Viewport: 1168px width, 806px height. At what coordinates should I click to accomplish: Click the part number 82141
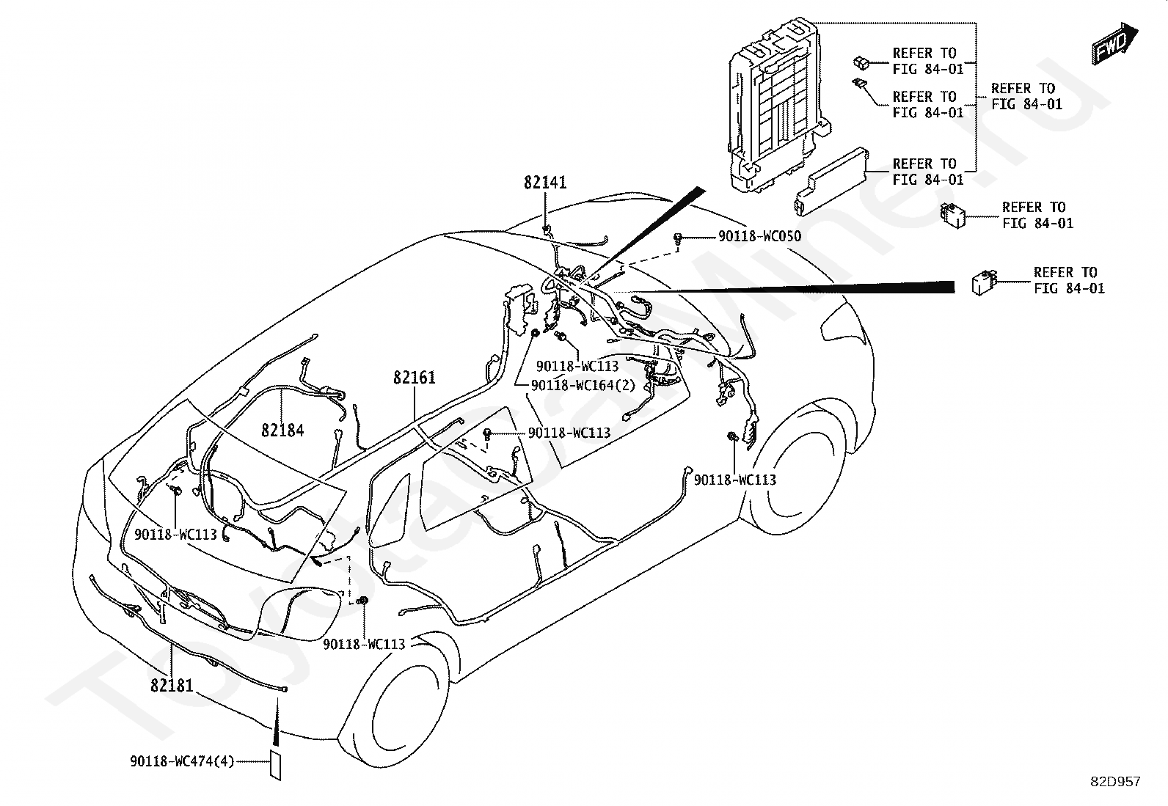coord(545,183)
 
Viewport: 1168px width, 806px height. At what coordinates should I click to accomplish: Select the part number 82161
coord(415,378)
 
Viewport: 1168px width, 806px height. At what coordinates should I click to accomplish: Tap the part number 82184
coord(282,430)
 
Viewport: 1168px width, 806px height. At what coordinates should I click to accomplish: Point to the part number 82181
coord(172,685)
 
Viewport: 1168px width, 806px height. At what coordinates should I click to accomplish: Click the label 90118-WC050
coord(760,236)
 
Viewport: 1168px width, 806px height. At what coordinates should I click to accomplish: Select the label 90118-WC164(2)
coord(583,385)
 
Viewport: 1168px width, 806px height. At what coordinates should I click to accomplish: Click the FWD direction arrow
coord(1115,44)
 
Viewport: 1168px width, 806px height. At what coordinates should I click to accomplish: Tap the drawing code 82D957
coord(1115,782)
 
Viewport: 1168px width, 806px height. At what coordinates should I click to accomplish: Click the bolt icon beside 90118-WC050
coord(677,239)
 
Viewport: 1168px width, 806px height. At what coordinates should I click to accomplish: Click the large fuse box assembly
coord(774,103)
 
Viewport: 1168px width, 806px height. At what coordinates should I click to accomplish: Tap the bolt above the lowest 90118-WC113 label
coord(362,601)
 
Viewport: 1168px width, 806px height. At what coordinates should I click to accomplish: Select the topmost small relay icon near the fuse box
coord(861,62)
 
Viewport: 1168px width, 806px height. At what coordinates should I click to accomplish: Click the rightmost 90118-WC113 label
coord(734,480)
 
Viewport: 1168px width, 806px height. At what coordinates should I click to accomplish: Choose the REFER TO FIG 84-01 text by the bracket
coord(1026,96)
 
